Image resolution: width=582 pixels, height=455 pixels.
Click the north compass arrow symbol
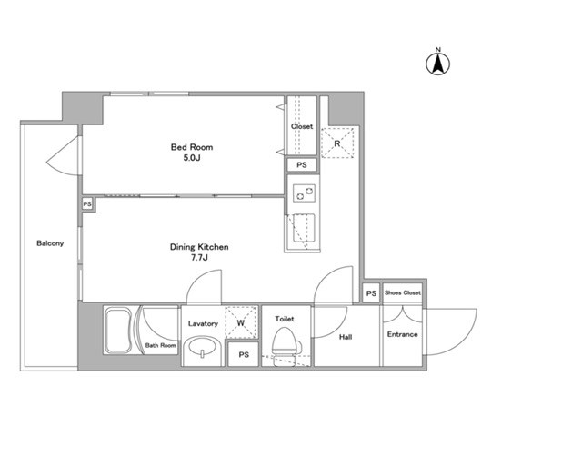click(437, 63)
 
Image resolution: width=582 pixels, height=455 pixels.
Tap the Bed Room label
click(192, 147)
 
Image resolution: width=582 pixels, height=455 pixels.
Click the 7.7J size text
click(199, 258)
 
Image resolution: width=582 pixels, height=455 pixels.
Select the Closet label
click(302, 126)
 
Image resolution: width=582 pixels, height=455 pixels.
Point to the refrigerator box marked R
click(337, 143)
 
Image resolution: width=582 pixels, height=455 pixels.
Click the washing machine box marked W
click(241, 322)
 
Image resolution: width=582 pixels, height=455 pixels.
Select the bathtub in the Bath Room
click(118, 331)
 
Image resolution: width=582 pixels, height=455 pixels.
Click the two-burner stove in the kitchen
click(305, 193)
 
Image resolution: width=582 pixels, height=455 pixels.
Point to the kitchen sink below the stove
click(304, 228)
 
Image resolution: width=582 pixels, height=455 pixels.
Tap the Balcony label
click(50, 243)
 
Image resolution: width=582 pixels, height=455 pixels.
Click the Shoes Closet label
click(403, 292)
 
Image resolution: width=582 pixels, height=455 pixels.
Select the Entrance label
click(402, 334)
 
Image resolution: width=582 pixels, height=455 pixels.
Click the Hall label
click(346, 337)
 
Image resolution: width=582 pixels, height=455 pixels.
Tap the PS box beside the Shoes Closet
click(371, 293)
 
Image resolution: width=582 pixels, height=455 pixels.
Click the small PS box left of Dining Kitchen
click(87, 204)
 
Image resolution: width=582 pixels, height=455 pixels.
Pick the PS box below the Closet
click(302, 164)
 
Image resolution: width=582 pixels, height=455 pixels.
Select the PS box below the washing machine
click(244, 354)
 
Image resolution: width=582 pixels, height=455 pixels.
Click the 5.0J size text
click(192, 158)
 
